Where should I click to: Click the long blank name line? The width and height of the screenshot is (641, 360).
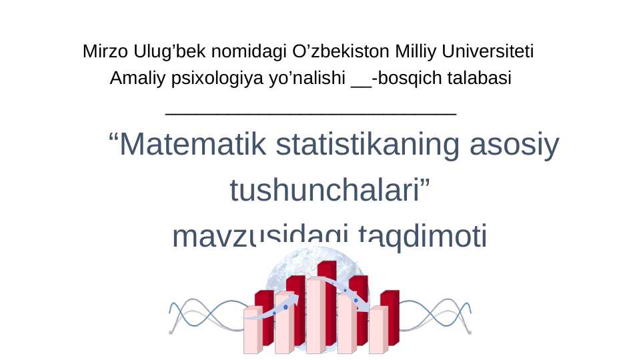pos(310,114)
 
